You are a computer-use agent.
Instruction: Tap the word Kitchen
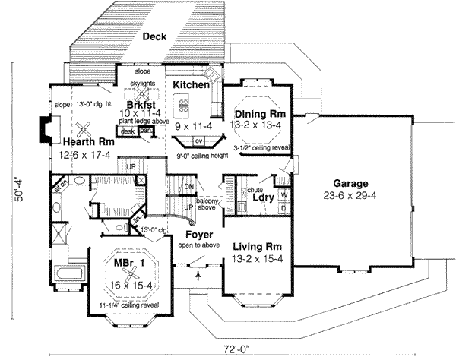click(191, 85)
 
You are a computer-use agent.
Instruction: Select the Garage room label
click(350, 184)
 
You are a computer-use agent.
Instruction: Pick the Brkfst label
click(142, 104)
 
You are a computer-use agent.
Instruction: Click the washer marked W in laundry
click(283, 194)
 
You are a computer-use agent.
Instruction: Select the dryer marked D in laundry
click(283, 207)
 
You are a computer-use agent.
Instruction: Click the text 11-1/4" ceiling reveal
click(121, 305)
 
